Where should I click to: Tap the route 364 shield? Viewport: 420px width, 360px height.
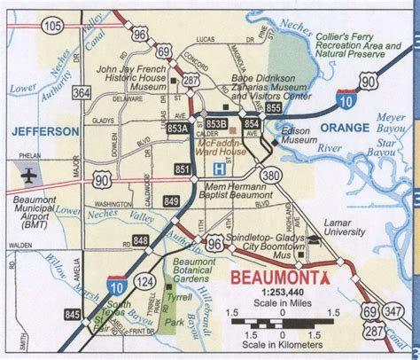click(82, 92)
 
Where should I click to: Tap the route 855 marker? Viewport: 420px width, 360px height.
click(274, 108)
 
